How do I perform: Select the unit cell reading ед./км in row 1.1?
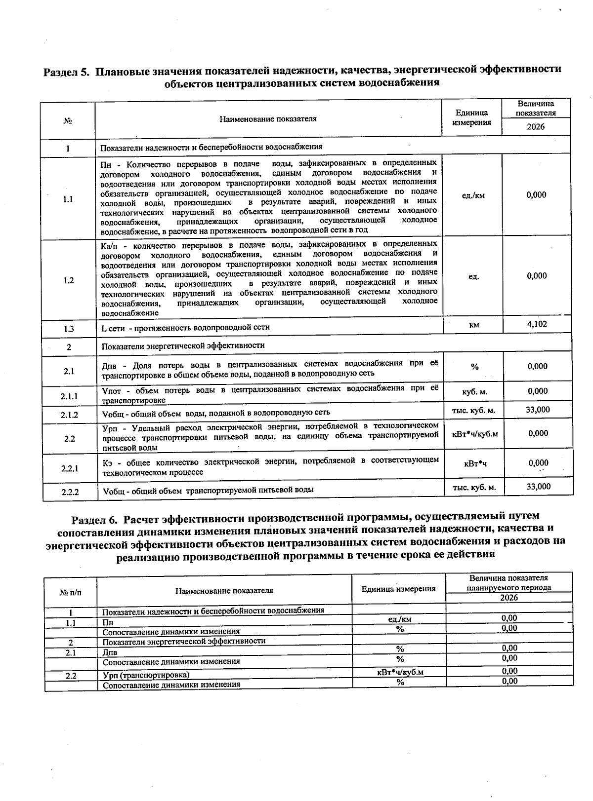point(473,195)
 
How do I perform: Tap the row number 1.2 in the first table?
point(69,280)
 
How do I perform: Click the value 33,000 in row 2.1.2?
point(538,410)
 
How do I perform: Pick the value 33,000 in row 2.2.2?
point(538,486)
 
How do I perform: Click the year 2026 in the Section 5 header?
point(536,127)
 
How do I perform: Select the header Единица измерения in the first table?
point(471,118)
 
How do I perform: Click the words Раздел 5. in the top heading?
point(67,71)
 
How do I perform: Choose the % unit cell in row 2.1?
point(474,367)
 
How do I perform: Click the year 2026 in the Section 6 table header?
point(509,597)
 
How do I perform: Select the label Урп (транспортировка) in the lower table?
point(146,675)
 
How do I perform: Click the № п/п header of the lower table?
point(70,591)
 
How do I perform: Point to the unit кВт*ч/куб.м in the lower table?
point(400,672)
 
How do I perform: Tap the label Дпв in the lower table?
point(110,652)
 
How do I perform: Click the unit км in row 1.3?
point(474,325)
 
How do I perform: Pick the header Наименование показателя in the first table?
point(268,119)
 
